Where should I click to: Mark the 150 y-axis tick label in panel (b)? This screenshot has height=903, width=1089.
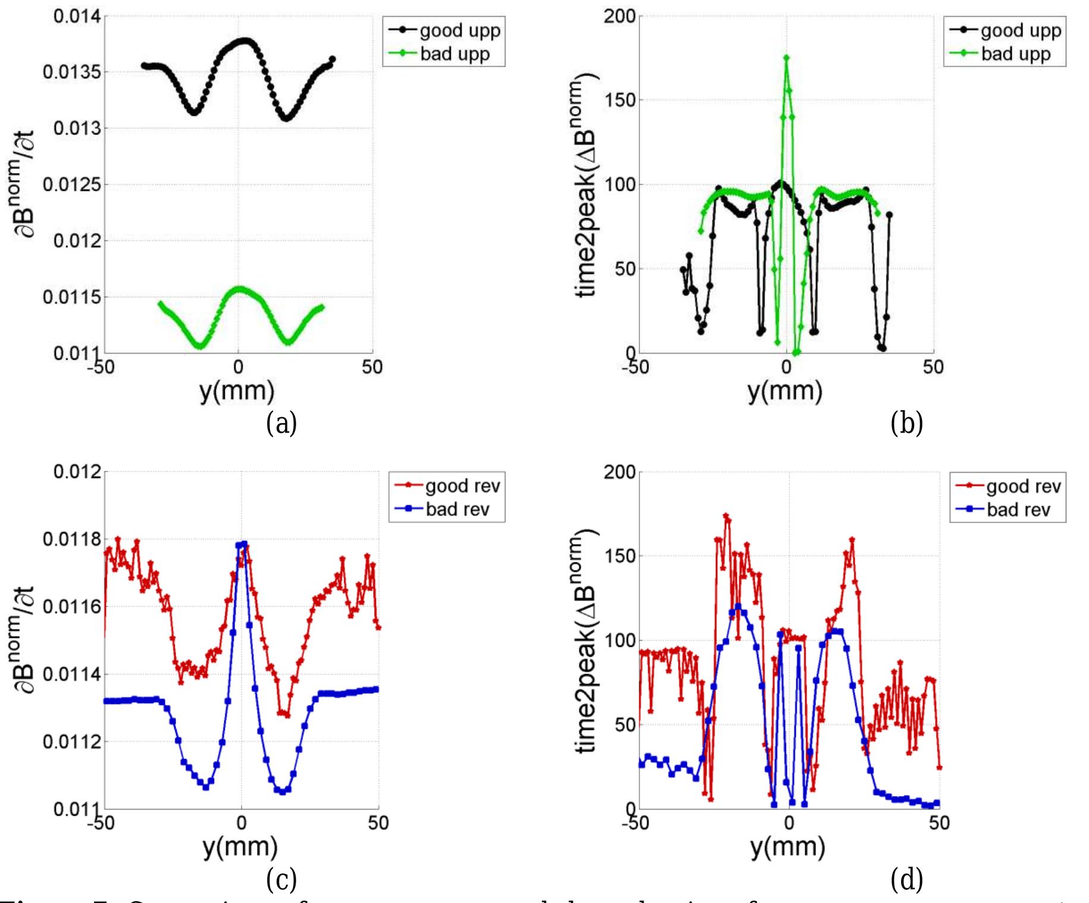click(x=619, y=100)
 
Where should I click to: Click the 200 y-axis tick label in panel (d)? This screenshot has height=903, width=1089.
click(x=619, y=473)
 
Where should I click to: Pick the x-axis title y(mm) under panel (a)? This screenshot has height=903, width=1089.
click(x=237, y=391)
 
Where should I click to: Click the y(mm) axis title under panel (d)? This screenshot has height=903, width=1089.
click(x=787, y=847)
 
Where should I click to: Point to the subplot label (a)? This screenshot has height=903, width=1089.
click(x=281, y=423)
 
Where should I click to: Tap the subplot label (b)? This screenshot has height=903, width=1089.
click(x=906, y=423)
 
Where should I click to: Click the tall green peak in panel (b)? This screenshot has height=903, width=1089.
click(x=786, y=58)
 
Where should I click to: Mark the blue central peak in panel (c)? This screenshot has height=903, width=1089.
click(x=241, y=544)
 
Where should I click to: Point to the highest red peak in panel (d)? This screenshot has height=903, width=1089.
click(x=726, y=516)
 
